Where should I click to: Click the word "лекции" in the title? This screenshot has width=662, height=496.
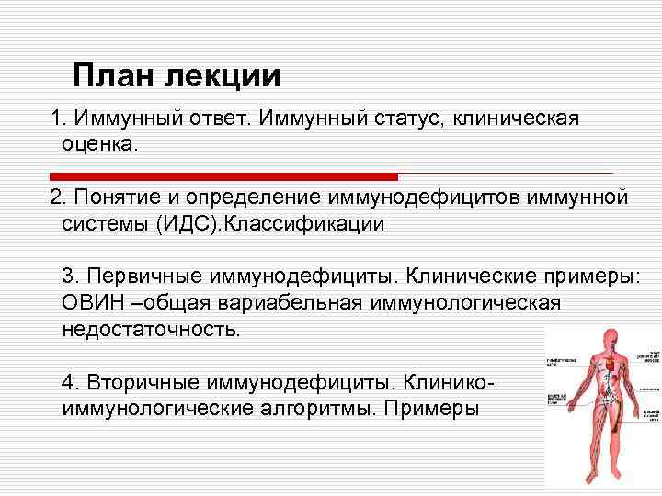222,75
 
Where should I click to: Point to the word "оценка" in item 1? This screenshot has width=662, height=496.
98,143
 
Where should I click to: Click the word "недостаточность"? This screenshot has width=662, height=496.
151,328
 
